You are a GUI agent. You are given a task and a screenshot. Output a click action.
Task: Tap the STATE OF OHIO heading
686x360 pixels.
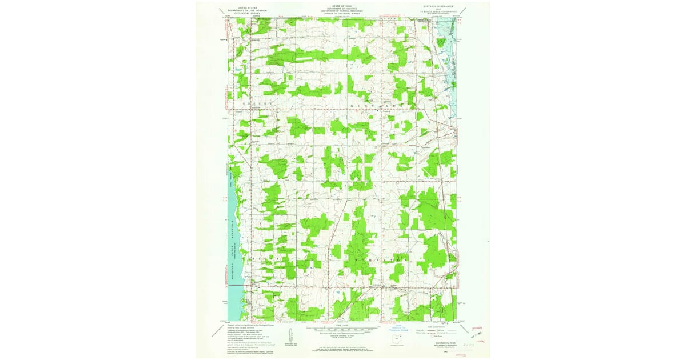pyautogui.click(x=342, y=5)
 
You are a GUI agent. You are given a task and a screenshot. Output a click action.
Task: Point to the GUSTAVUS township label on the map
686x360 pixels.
pyautogui.click(x=377, y=106)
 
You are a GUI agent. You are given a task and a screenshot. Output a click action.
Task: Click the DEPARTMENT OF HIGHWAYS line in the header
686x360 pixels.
pyautogui.click(x=342, y=7)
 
